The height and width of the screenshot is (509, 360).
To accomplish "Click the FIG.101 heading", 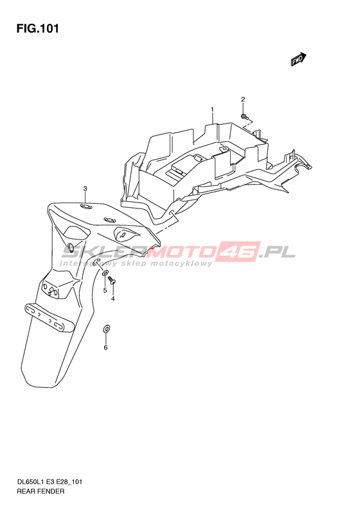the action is pos(38,28).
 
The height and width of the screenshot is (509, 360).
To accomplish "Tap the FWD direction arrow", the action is pos(298,59).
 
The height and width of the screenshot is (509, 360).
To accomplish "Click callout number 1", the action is pos(212,109).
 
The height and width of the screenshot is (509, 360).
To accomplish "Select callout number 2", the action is pos(243,100).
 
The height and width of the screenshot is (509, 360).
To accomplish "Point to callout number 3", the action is pos(85,189).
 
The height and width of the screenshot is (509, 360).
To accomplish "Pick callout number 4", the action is pos(113,299).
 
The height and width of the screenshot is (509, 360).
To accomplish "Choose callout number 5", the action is pos(105,290).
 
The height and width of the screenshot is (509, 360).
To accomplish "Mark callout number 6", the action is pos(105,347).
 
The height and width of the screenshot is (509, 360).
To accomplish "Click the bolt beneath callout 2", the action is pos(244,116).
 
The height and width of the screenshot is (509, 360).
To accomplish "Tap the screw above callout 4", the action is pos(113,279).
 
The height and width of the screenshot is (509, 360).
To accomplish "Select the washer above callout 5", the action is pos(105,273).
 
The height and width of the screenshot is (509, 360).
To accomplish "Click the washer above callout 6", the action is pos(107,328).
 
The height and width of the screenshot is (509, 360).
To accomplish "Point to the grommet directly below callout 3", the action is pos(85,207).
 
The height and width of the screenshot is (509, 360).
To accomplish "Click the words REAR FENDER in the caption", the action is pos(40,491).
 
